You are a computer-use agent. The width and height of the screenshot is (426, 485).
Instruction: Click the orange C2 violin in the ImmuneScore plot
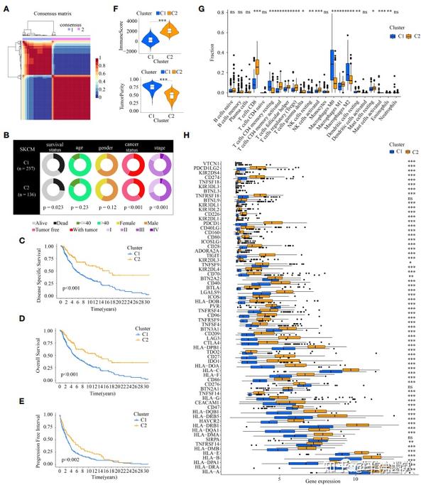[x=170, y=32]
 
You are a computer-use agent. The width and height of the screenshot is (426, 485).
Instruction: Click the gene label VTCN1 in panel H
[x=222, y=164]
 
